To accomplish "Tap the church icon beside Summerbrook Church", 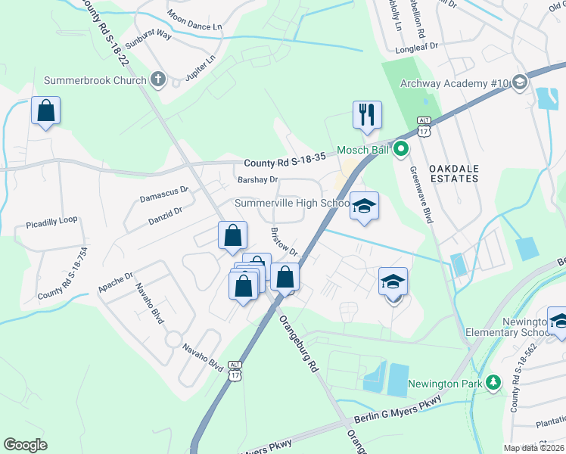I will point(158,79).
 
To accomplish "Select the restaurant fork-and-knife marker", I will point(367,115).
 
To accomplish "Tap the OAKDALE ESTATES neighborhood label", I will point(454,173).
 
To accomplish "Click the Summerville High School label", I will point(291,203).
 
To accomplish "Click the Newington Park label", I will point(446,384).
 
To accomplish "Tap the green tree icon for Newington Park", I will point(494,383).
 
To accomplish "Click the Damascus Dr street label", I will point(163,194).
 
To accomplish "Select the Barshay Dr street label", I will point(258,179).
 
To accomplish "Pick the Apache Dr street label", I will point(116,281).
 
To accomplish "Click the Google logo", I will point(26,445).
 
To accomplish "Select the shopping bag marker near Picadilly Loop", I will point(46,111).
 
